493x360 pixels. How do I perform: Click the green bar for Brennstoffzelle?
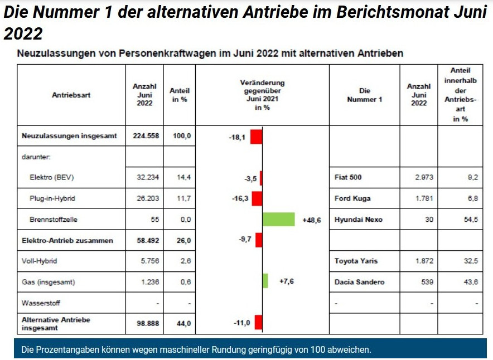click(278, 220)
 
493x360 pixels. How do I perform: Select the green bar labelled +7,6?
click(265, 281)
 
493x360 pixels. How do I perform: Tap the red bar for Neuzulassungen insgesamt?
click(256, 137)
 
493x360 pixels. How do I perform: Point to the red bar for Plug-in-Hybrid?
click(257, 198)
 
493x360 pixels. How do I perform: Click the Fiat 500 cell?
click(348, 178)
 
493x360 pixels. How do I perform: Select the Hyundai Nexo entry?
click(358, 220)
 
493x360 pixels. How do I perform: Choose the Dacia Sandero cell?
click(359, 282)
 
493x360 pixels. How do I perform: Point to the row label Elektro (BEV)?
click(52, 178)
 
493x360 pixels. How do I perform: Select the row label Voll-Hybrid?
click(39, 261)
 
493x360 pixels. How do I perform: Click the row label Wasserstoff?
click(41, 303)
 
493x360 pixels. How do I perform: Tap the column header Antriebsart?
click(71, 95)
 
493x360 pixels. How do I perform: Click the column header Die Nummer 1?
click(364, 95)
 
